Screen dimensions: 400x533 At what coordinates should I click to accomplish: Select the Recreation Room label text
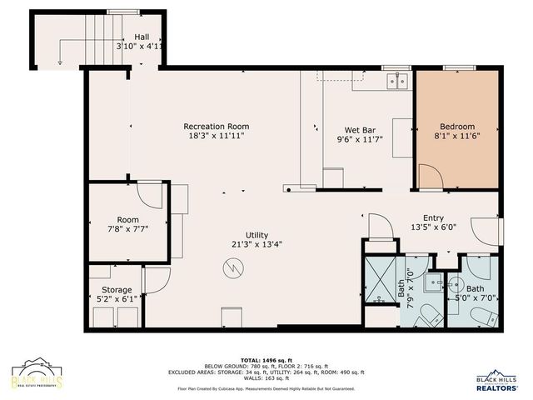[216, 127]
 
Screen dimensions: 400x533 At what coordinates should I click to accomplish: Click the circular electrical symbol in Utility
[232, 267]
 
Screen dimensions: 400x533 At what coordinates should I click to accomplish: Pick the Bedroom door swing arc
[428, 177]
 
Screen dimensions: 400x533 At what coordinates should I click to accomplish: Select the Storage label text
[116, 290]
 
